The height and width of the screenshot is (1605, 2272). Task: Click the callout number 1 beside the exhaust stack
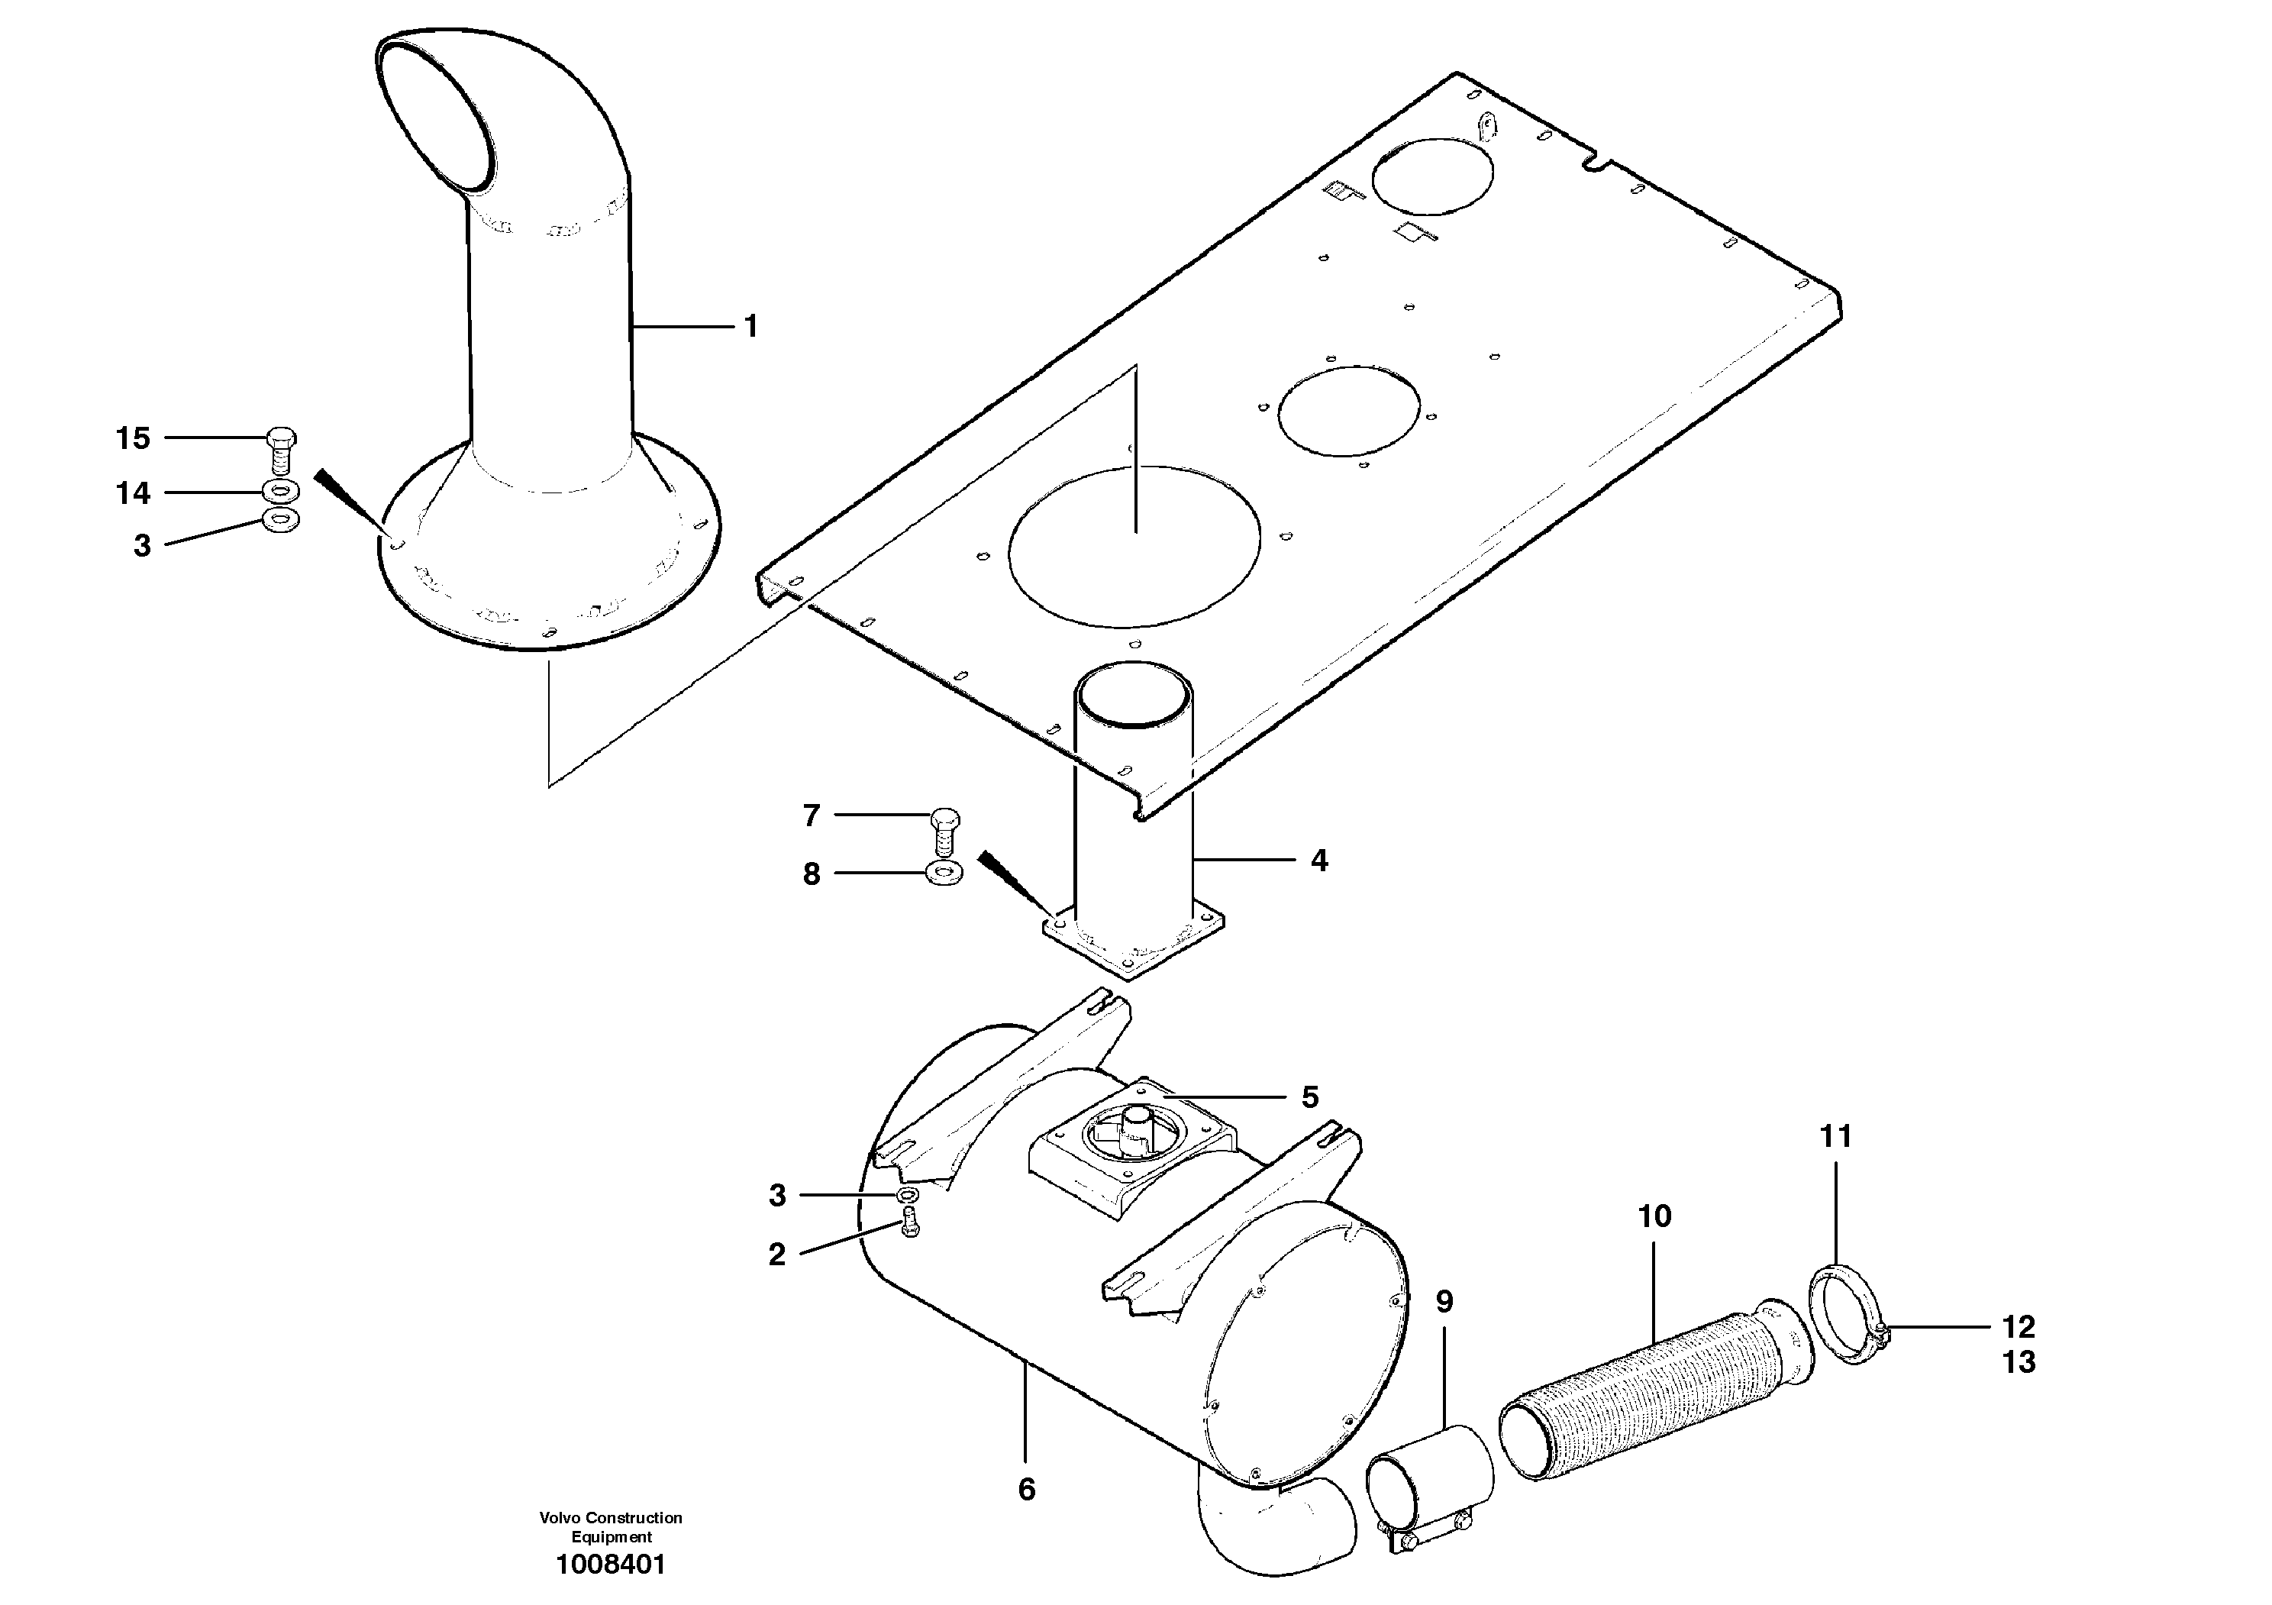tap(751, 327)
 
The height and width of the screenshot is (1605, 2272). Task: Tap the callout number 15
tap(134, 438)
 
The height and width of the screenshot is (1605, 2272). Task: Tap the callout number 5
tap(1309, 1097)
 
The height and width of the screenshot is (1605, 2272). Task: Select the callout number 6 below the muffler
tap(1026, 1489)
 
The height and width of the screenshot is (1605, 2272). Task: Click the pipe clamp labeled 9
tap(1431, 1477)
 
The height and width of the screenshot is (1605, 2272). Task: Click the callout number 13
tap(2019, 1362)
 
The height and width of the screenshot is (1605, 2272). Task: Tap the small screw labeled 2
tap(910, 1225)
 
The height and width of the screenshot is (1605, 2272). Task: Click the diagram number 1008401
tap(611, 1565)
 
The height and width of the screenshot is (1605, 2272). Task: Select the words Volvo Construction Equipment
tap(611, 1527)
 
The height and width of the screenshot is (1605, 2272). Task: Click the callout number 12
tap(2019, 1327)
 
